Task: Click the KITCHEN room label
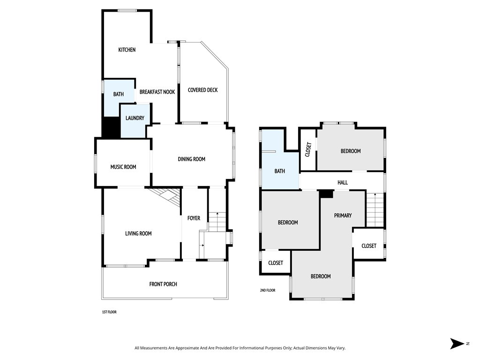127,50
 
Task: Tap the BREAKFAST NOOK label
157,92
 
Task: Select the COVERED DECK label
202,90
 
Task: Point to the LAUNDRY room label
135,118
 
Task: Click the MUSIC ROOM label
123,167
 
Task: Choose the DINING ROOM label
191,159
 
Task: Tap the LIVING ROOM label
138,233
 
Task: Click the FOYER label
194,218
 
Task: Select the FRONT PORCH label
163,284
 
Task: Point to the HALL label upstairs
343,182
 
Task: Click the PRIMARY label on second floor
343,216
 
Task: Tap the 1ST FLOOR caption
110,312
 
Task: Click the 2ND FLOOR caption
268,290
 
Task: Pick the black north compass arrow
457,344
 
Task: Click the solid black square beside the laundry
111,127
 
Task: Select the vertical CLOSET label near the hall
308,150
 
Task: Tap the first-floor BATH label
119,94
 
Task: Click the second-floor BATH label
279,171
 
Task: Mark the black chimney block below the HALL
326,194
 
